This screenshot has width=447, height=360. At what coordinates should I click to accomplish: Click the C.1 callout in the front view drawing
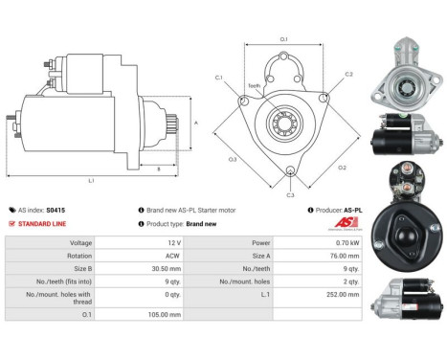point(219,78)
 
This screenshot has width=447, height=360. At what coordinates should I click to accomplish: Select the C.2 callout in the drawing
point(348,74)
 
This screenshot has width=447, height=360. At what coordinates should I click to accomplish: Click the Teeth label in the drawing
point(254,84)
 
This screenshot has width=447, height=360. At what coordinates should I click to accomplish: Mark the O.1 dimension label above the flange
point(283,38)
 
